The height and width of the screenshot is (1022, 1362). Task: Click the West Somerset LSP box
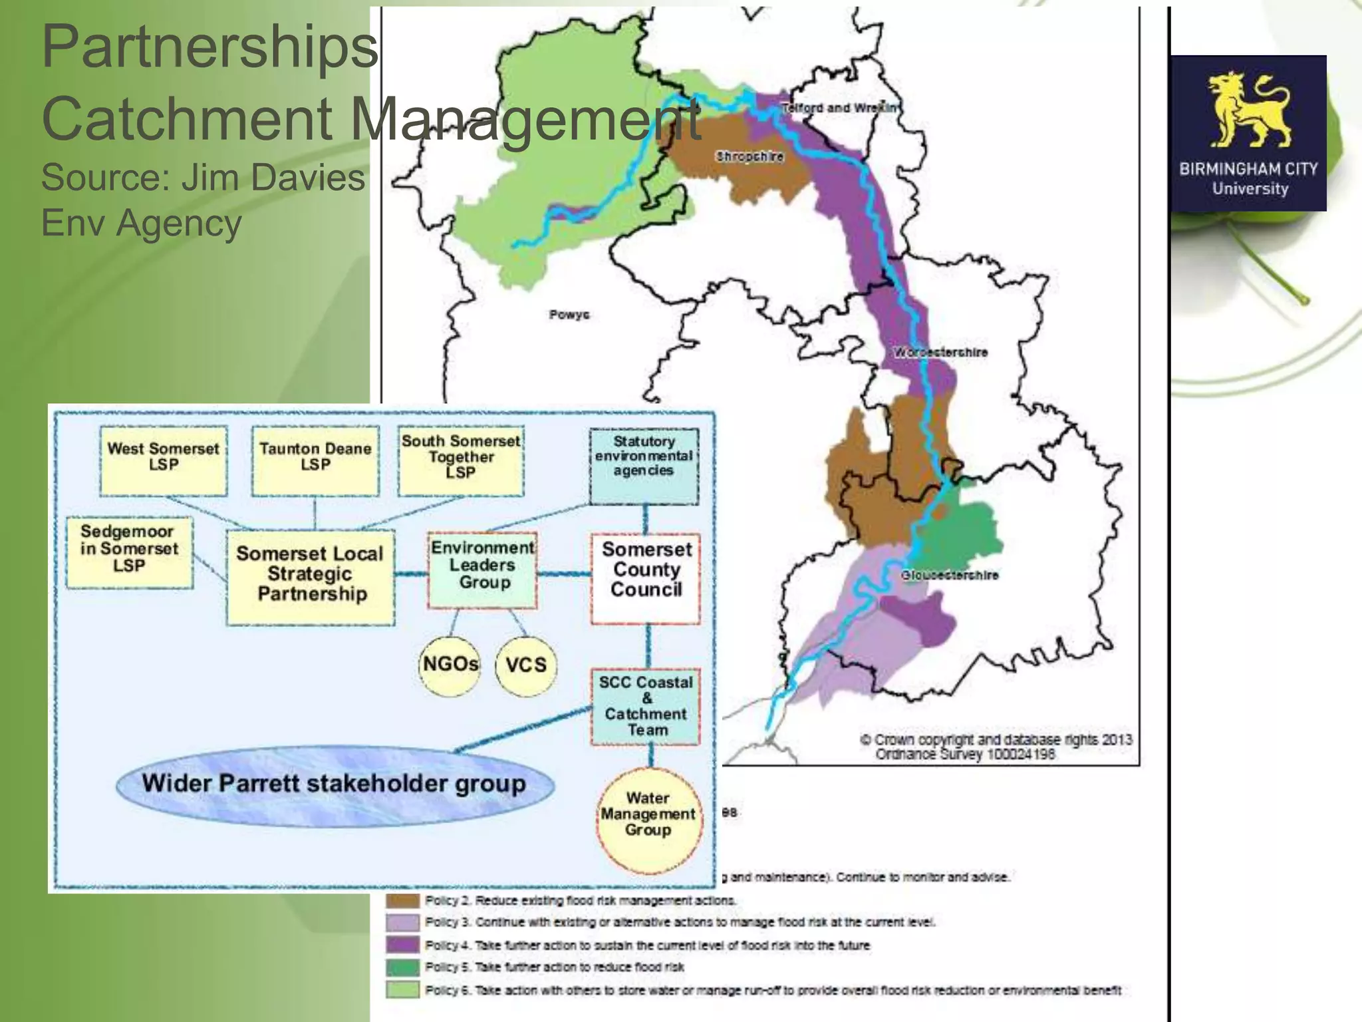click(164, 460)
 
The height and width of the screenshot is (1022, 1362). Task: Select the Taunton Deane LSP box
click(315, 460)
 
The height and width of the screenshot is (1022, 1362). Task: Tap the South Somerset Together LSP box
click(461, 460)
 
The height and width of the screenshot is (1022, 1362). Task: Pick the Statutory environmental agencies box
click(644, 465)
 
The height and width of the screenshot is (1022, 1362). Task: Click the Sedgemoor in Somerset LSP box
click(130, 552)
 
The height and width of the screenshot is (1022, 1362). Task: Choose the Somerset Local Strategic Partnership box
click(311, 576)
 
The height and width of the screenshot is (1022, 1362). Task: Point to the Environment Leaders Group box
click(482, 570)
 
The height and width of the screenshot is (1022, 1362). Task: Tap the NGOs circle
click(450, 664)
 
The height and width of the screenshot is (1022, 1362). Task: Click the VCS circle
click(526, 665)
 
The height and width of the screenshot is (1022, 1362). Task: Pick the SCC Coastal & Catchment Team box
click(646, 706)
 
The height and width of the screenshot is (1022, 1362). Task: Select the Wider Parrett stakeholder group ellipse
click(335, 786)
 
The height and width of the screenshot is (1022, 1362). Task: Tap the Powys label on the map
click(569, 315)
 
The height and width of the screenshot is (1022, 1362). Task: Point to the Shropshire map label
click(749, 156)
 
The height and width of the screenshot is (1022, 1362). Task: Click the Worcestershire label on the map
click(940, 352)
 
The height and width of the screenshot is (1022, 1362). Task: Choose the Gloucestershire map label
click(950, 575)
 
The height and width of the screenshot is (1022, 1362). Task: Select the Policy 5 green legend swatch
click(403, 967)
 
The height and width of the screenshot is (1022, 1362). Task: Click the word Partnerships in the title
click(209, 47)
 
